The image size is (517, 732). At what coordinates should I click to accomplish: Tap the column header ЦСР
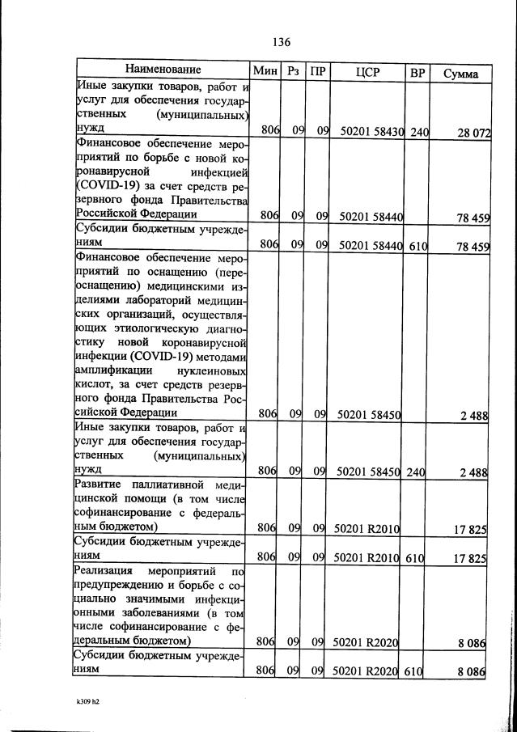pos(367,72)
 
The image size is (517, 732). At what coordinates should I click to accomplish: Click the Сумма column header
pos(460,74)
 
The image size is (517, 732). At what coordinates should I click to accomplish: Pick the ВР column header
pos(417,72)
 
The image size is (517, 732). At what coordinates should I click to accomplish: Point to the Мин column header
pos(265,71)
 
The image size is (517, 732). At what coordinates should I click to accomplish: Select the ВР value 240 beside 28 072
pos(418,130)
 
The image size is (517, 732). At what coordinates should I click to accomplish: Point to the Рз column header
pos(293,71)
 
